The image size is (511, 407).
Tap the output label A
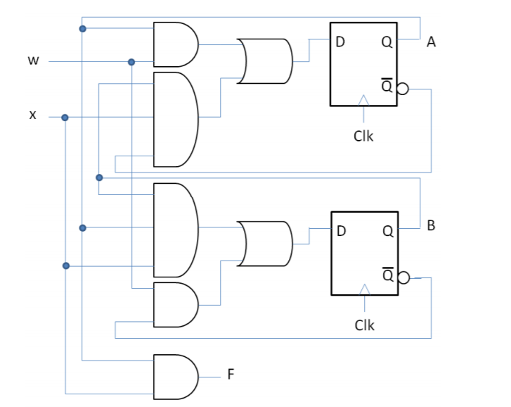coord(431,42)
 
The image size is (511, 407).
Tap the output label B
coord(431,227)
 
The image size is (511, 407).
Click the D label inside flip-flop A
coord(340,42)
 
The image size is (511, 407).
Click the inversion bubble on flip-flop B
coord(403,277)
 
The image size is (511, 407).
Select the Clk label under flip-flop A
coord(363,136)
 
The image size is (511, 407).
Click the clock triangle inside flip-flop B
coord(364,290)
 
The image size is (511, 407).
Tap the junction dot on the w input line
coord(131,62)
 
